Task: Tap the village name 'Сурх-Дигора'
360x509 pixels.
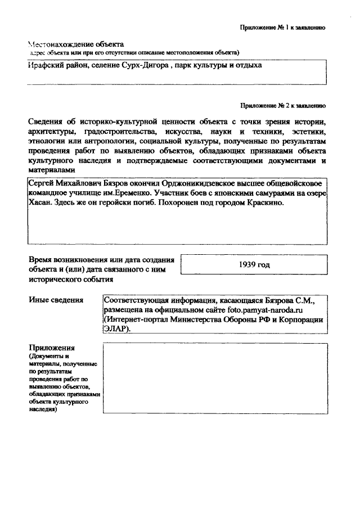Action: [x=146, y=66]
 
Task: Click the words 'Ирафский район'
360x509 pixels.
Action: [x=55, y=66]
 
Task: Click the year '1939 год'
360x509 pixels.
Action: [x=255, y=264]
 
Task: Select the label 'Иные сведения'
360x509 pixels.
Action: [x=56, y=300]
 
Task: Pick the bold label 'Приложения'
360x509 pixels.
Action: [x=51, y=348]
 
